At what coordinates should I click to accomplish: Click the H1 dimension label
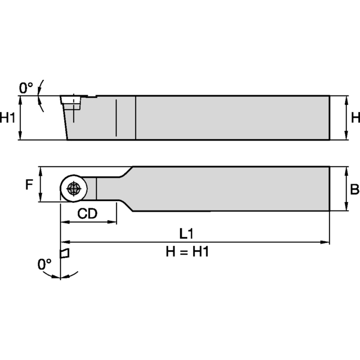8,118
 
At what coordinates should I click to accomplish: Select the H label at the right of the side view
355,118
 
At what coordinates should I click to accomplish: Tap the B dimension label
355,190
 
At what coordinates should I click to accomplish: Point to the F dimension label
28,185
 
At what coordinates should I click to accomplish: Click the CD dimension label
88,214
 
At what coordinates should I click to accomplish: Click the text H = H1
187,252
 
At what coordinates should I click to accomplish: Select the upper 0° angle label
26,88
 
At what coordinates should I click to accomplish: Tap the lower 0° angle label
44,263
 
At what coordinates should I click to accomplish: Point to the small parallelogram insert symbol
65,252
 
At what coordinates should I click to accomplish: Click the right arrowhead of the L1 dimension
326,242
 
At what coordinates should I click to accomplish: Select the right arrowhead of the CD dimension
113,222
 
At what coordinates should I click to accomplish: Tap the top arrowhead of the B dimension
346,170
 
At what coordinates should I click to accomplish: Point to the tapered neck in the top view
123,189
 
